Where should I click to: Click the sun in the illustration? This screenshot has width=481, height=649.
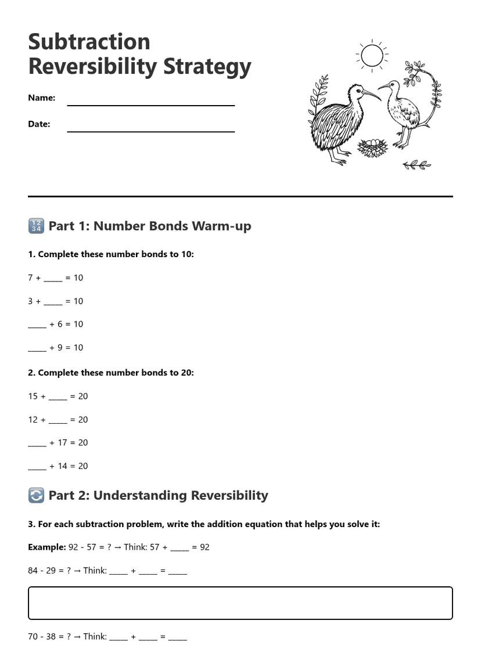pos(372,56)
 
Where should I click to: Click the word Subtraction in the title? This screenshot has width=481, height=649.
pos(89,42)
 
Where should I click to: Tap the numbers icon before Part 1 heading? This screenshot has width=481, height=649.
pos(36,226)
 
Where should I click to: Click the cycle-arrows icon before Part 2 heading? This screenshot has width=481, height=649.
pos(36,495)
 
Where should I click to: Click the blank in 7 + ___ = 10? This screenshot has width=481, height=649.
pos(53,278)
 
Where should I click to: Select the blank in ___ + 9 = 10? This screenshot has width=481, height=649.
pos(37,348)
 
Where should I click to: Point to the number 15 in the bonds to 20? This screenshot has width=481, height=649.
pos(33,396)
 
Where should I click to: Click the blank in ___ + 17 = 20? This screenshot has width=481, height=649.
pos(37,443)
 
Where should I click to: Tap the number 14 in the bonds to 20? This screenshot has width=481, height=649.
pos(62,466)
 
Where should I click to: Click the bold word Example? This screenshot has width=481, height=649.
pos(46,547)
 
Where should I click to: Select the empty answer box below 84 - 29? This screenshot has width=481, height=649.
pos(240,603)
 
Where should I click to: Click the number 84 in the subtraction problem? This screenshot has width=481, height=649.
pos(33,570)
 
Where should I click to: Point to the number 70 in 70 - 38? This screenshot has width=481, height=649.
pos(33,636)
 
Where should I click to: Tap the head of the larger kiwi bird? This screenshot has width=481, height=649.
pos(356,91)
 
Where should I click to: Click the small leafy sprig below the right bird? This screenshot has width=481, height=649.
pos(417,165)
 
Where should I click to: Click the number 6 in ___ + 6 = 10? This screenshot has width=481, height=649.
pos(60,324)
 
